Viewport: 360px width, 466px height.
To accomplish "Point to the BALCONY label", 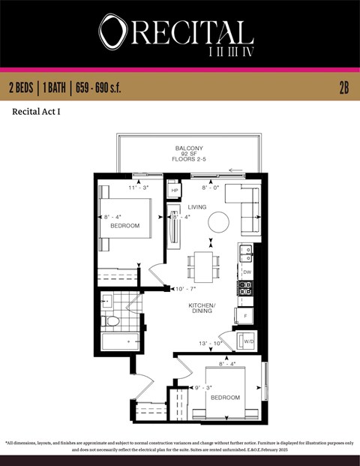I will [189, 148].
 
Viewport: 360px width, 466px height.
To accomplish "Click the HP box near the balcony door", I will [175, 191].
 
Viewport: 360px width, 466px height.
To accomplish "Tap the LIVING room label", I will [197, 206].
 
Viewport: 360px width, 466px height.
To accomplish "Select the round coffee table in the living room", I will [219, 222].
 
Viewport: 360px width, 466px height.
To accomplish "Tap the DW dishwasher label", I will [247, 272].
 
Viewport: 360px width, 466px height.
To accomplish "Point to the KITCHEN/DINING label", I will [202, 308].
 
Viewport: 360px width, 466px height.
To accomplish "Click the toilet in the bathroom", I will [112, 321].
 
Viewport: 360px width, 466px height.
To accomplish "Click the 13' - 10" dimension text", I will [211, 343].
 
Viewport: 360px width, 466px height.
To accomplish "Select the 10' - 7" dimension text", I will [184, 289].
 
